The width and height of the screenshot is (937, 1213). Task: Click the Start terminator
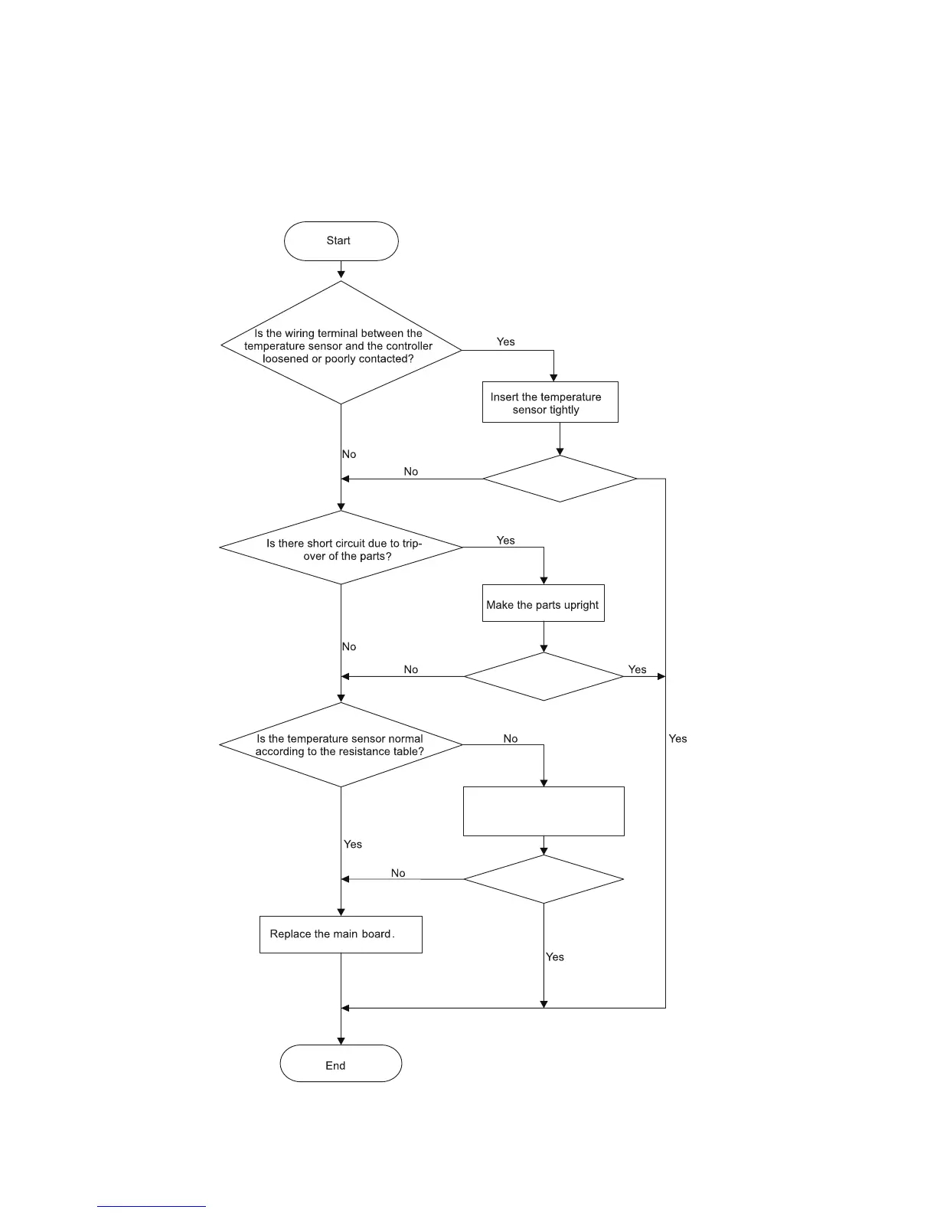coord(341,241)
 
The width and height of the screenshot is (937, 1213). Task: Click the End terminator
coord(341,1064)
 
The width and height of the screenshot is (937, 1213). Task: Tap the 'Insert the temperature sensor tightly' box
coord(550,402)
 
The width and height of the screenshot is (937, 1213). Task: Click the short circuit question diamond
coord(341,548)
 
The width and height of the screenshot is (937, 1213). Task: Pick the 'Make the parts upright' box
coord(543,604)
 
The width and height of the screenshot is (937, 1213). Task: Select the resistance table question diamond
coord(341,745)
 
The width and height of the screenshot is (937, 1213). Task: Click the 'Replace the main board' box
coord(341,934)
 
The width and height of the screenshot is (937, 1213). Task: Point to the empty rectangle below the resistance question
coord(544,811)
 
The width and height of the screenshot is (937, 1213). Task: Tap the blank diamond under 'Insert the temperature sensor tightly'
coord(560,479)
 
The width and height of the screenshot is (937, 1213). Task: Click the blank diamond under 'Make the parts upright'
coord(544,676)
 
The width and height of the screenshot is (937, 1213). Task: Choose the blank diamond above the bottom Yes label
coord(544,879)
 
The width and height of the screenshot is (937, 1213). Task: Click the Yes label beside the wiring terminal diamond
coord(506,342)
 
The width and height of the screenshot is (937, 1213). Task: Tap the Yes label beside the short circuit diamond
coord(506,540)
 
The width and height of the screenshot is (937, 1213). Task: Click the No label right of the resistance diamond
coord(511,738)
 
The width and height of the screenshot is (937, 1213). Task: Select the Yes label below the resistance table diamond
coord(353,844)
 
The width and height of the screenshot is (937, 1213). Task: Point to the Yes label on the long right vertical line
coord(677,738)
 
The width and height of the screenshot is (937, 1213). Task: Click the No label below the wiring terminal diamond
coord(349,454)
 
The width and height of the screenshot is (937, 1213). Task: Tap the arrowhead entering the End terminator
coord(341,1041)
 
